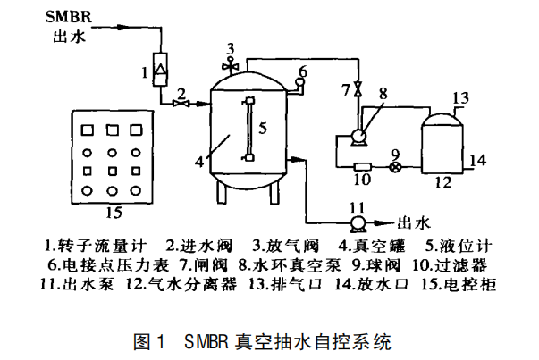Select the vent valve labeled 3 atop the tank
[x=231, y=64]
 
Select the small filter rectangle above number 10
[x=362, y=166]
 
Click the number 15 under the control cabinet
[x=113, y=212]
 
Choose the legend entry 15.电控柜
[x=459, y=285]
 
